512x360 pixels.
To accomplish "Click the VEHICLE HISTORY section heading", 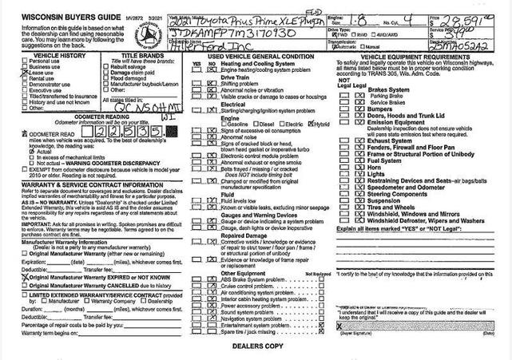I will [x=44, y=54].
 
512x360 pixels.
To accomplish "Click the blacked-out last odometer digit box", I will [x=169, y=132].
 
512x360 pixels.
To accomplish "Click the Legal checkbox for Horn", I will [x=359, y=167].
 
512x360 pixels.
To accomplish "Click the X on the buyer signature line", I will [x=339, y=327].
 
